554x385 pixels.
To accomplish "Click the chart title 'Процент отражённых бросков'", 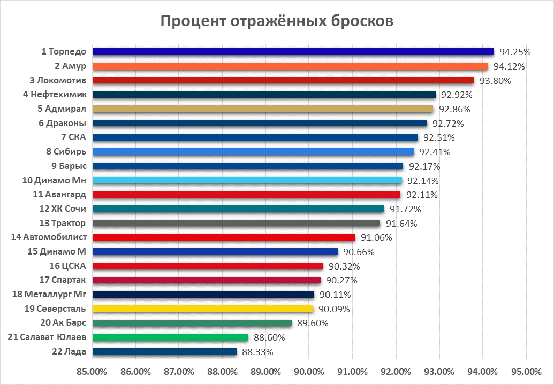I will click(x=277, y=21).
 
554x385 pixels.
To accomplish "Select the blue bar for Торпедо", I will click(x=293, y=52).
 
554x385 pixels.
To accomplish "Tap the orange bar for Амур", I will click(x=290, y=66).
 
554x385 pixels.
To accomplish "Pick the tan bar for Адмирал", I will click(x=263, y=109).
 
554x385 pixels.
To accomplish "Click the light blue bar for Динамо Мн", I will click(x=247, y=180).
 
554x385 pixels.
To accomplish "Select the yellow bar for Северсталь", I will click(x=203, y=309).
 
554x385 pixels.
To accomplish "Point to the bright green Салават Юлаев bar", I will click(x=170, y=337).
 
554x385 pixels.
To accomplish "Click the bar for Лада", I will click(x=164, y=351).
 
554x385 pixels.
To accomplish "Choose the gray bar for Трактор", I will click(x=236, y=223).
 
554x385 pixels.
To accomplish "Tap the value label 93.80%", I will click(x=495, y=81).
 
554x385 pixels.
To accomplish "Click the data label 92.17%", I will click(x=424, y=166).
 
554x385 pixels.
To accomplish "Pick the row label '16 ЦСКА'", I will click(x=66, y=266).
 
